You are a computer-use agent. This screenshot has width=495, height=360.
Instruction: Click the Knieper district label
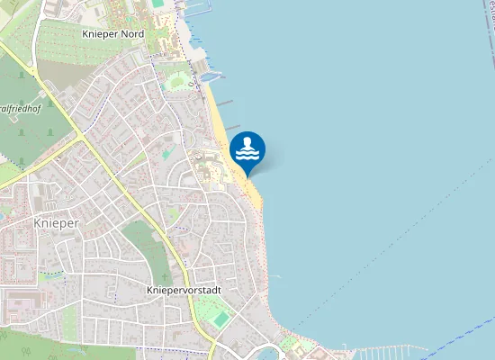click(57, 221)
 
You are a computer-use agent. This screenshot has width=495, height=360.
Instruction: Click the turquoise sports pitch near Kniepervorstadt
click(221, 319)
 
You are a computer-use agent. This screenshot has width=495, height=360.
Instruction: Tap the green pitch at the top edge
click(158, 4)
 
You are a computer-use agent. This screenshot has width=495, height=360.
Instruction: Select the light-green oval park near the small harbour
click(176, 82)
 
